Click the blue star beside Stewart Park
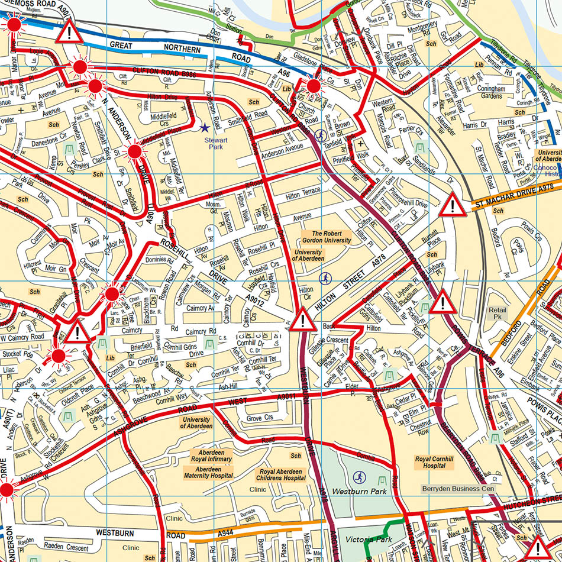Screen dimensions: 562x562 205,127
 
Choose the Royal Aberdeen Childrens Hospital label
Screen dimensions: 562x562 282,474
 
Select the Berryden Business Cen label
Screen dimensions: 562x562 457,489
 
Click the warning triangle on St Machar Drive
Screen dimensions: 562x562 453,204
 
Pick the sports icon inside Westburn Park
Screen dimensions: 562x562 358,476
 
